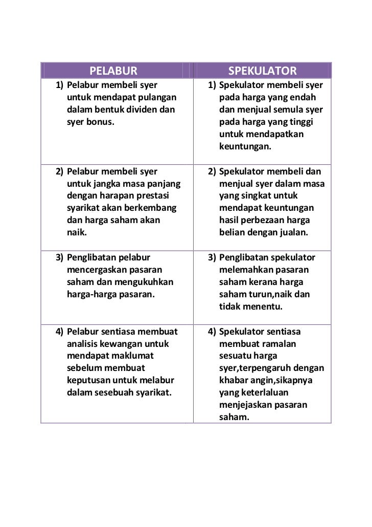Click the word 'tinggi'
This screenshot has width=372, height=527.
(300, 122)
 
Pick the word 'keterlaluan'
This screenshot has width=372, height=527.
(261, 392)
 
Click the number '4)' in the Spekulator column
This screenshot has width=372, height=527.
(212, 331)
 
